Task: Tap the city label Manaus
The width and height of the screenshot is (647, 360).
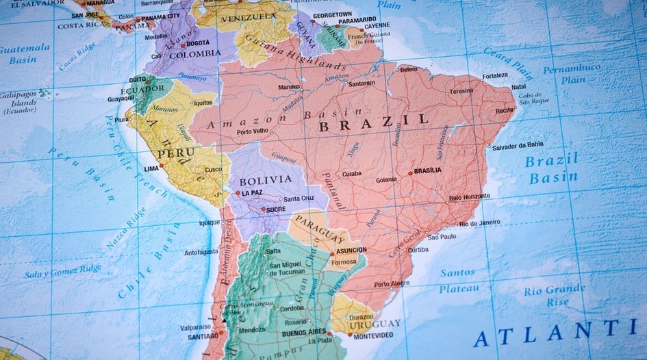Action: tap(290, 87)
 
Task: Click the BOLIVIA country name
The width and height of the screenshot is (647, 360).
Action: tap(265, 180)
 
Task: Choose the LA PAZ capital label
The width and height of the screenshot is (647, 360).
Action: tap(251, 194)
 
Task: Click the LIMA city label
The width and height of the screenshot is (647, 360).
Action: tap(151, 168)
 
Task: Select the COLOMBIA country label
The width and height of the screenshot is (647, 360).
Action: tap(195, 54)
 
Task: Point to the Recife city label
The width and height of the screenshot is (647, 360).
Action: tap(505, 110)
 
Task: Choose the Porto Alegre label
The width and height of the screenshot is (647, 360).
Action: tap(392, 284)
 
